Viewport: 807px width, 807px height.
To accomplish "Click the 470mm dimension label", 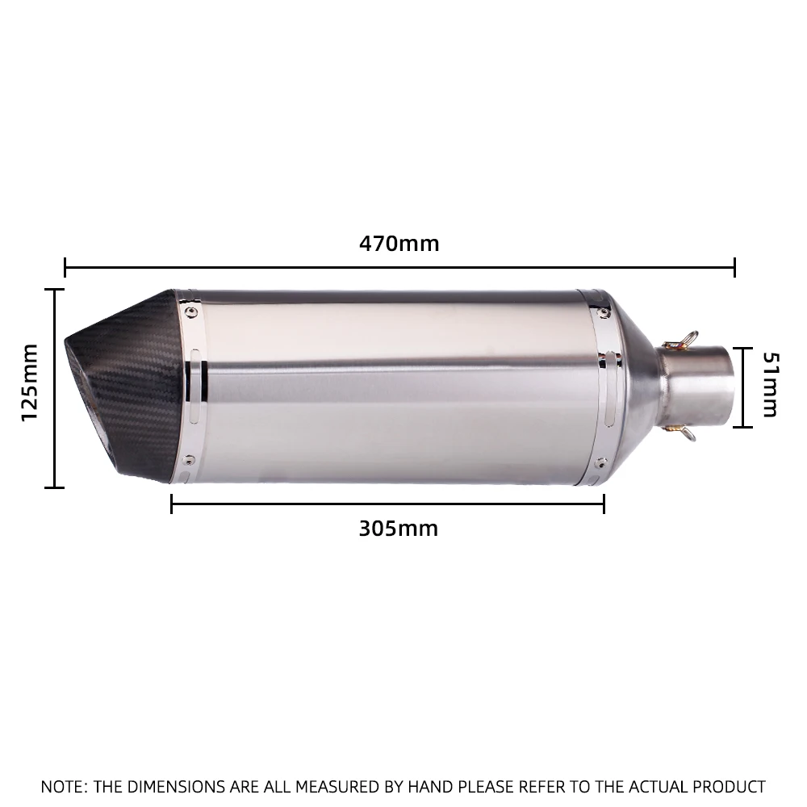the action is click(x=399, y=244).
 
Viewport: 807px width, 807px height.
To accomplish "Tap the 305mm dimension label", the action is click(x=399, y=529).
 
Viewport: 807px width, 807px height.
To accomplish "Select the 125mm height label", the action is click(x=29, y=383).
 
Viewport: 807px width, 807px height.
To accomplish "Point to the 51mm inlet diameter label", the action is click(x=771, y=384).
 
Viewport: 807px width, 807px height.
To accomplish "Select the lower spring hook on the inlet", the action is click(x=680, y=432).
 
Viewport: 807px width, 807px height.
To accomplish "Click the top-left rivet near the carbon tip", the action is click(x=190, y=312).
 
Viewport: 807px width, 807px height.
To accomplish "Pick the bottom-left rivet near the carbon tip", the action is click(x=189, y=460).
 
